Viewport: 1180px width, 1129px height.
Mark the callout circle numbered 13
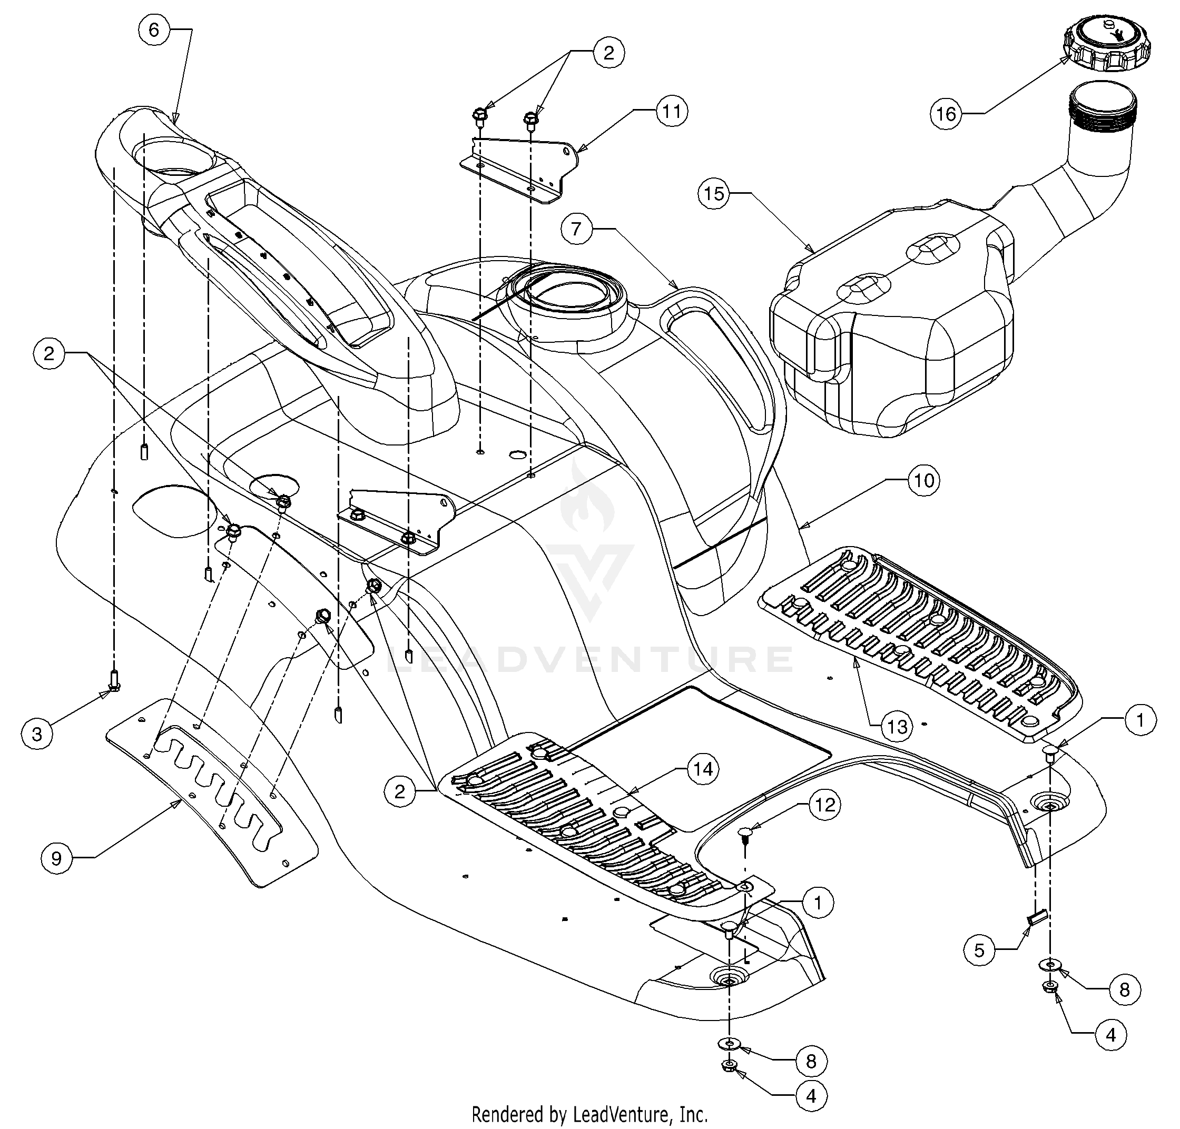[x=897, y=727]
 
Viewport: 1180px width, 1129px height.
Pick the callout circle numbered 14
[x=704, y=769]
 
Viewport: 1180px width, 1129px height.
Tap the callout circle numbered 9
[x=56, y=859]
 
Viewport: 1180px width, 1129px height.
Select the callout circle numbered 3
[x=37, y=734]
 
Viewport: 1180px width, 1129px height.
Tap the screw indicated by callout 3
[x=113, y=681]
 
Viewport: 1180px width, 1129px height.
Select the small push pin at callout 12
[x=745, y=835]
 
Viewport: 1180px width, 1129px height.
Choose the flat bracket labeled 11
[x=520, y=171]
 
